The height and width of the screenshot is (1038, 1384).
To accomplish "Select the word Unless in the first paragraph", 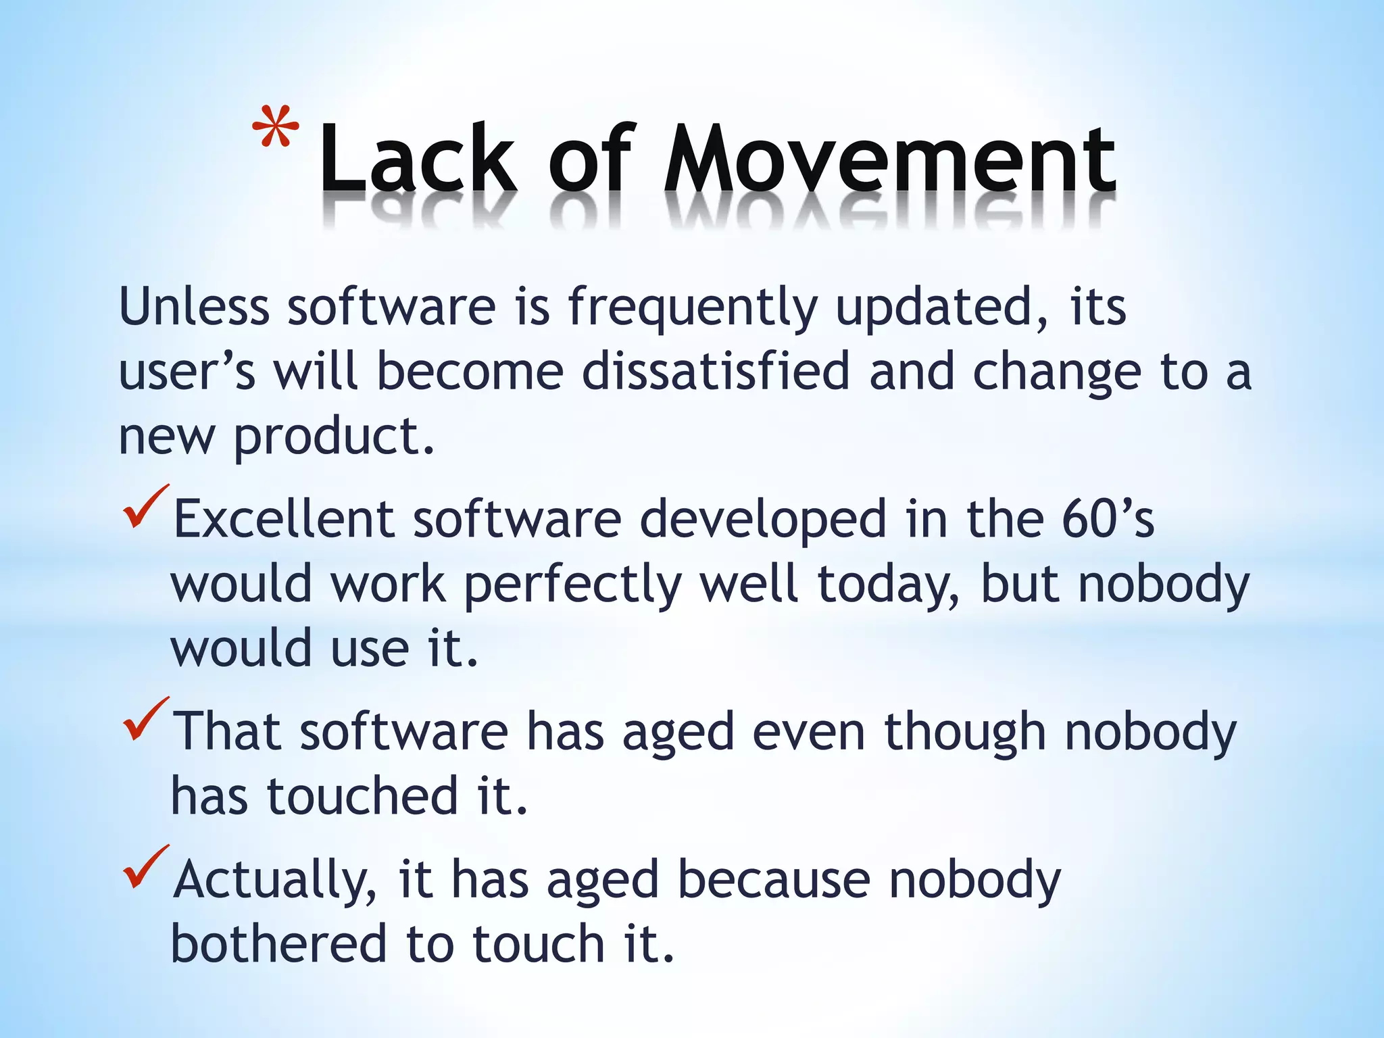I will click(194, 307).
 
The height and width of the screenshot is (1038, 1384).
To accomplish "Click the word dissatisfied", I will click(715, 371).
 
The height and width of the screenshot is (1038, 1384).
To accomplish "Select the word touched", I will click(362, 796).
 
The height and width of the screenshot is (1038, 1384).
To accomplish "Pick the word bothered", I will click(278, 943).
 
